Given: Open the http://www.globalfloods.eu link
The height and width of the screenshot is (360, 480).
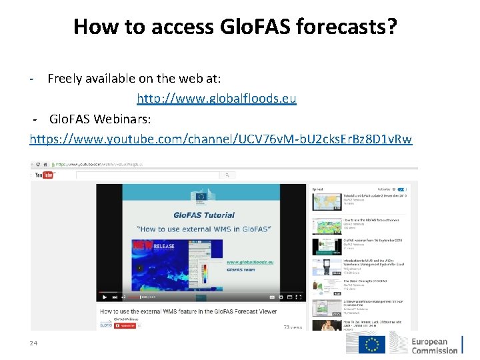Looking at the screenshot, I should point(217,99).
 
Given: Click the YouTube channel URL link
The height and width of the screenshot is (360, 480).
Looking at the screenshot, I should point(221,139).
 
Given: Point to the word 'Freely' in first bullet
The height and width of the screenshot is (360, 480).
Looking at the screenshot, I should point(65,79).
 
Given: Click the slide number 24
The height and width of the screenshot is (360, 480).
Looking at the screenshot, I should point(33,343).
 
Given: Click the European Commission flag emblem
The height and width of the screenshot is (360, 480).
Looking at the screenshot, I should point(372,344).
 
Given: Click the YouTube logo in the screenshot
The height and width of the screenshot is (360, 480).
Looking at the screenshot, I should point(44,175).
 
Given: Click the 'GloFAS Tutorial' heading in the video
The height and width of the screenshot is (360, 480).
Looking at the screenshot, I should point(204,215).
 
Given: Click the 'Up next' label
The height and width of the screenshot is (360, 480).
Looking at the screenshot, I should point(318,189).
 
